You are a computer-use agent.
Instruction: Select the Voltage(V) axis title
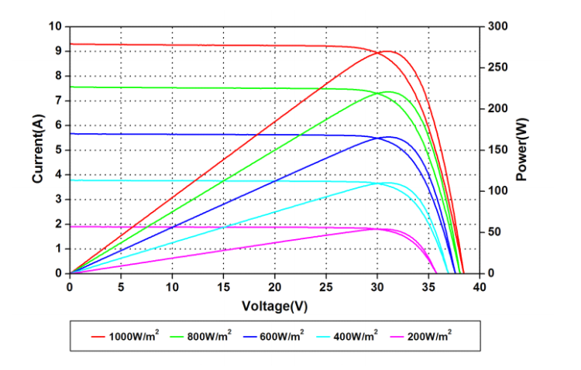tap(274, 306)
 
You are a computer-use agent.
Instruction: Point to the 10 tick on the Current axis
tap(55, 26)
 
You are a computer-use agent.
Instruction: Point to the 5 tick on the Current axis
tap(58, 150)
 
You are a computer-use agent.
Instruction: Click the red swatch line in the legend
tap(98, 336)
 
